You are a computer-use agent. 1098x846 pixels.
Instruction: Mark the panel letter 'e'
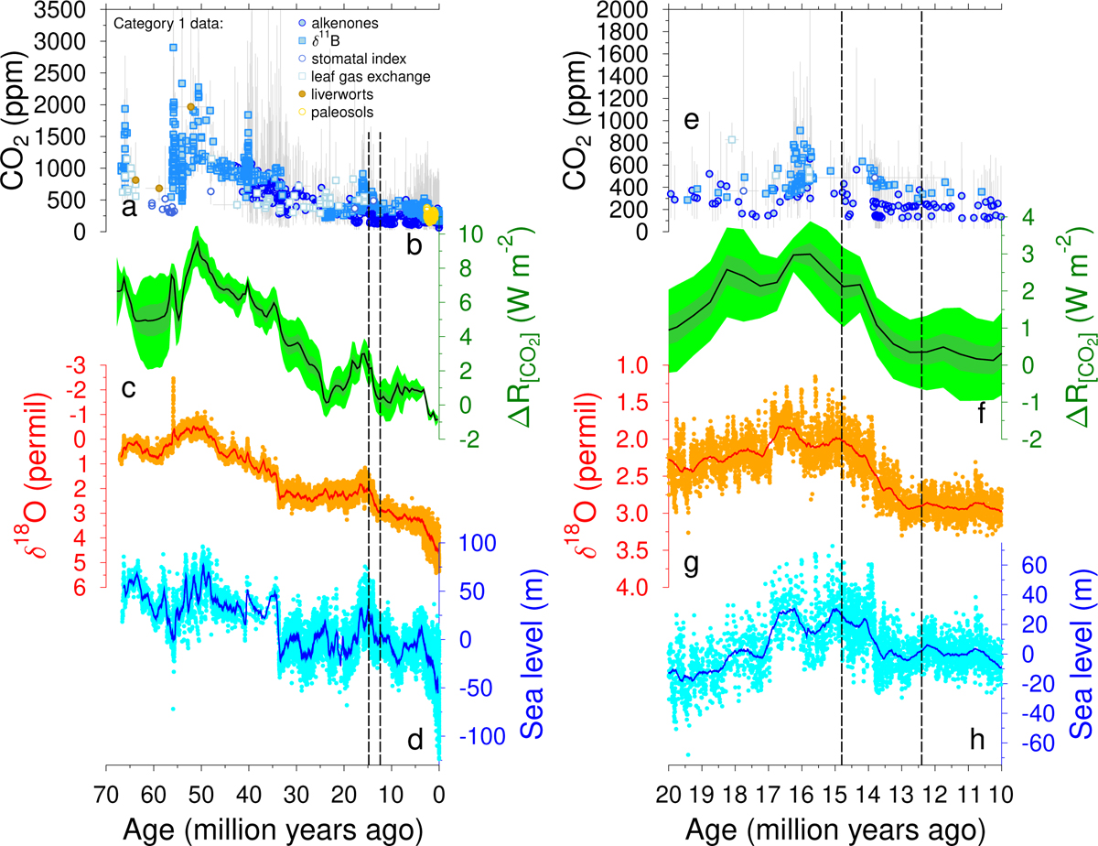692,122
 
